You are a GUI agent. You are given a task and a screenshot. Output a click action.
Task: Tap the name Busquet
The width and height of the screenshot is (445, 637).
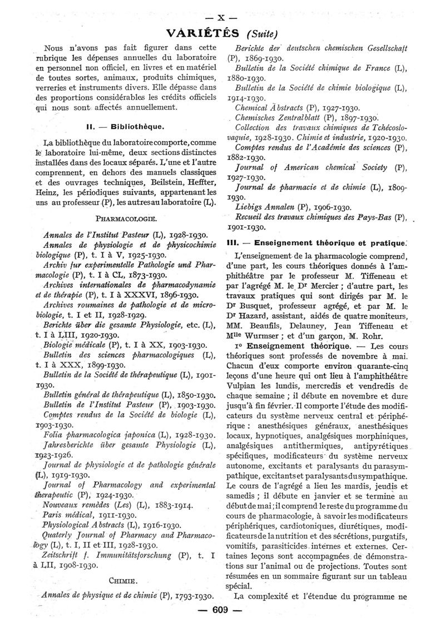coord(263,305)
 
